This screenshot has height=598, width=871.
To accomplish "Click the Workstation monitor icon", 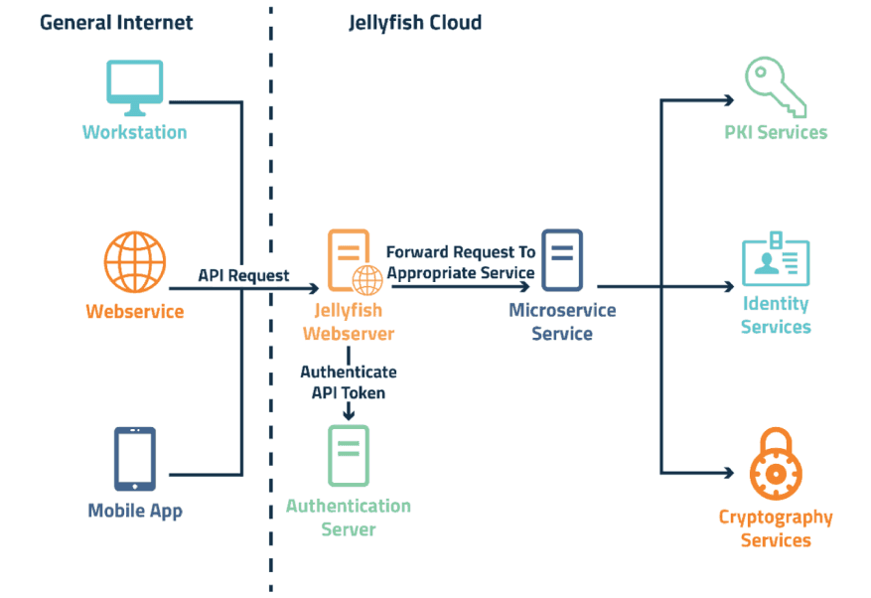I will [x=134, y=87].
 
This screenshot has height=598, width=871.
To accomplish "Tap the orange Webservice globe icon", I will [x=134, y=262].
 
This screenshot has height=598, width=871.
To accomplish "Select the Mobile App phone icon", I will [x=134, y=459].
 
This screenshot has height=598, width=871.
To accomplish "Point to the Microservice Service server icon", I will [x=562, y=259].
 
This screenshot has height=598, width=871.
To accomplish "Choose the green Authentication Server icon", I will [x=349, y=455].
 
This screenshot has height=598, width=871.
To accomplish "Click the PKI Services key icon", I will [x=775, y=86].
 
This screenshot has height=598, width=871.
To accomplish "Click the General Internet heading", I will [x=116, y=22].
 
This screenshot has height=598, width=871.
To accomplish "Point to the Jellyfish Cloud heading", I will [x=415, y=22].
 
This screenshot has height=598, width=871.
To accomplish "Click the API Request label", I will [x=243, y=275].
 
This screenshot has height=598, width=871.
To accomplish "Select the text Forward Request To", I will [x=460, y=252].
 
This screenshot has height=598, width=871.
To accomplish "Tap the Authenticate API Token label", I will [x=349, y=381].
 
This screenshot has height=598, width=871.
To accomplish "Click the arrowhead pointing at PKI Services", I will [x=728, y=100].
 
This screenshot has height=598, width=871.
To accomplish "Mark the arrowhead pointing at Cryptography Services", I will [x=728, y=473].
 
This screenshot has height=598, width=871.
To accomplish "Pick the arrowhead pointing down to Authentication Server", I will [x=349, y=413].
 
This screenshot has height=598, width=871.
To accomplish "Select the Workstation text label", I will [x=134, y=132].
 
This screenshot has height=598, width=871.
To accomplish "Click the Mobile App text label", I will [x=135, y=511].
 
